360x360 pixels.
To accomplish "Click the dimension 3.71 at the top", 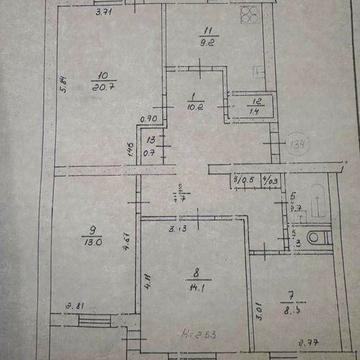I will tap(103, 14).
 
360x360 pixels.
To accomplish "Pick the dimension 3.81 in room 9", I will tap(73, 307).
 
